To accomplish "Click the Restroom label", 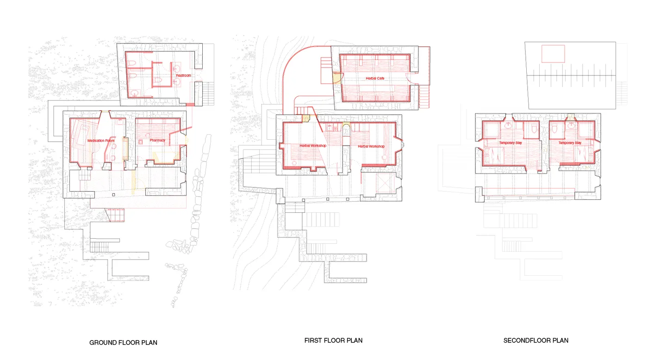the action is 183,75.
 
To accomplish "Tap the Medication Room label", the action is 101,141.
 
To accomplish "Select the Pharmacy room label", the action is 157,140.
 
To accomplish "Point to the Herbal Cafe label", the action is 375,78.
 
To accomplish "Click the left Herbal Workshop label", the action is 313,145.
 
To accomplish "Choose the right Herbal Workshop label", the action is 371,146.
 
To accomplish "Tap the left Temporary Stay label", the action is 510,143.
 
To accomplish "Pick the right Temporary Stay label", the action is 570,143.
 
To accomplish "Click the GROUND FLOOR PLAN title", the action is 123,343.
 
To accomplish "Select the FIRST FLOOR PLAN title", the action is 333,341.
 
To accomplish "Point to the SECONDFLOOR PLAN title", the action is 536,341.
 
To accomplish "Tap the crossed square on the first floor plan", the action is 385,183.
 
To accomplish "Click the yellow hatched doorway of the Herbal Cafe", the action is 336,78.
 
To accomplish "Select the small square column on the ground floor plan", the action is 114,195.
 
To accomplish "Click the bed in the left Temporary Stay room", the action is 493,156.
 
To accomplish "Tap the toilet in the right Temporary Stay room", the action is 555,129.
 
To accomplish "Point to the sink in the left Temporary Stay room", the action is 509,125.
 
